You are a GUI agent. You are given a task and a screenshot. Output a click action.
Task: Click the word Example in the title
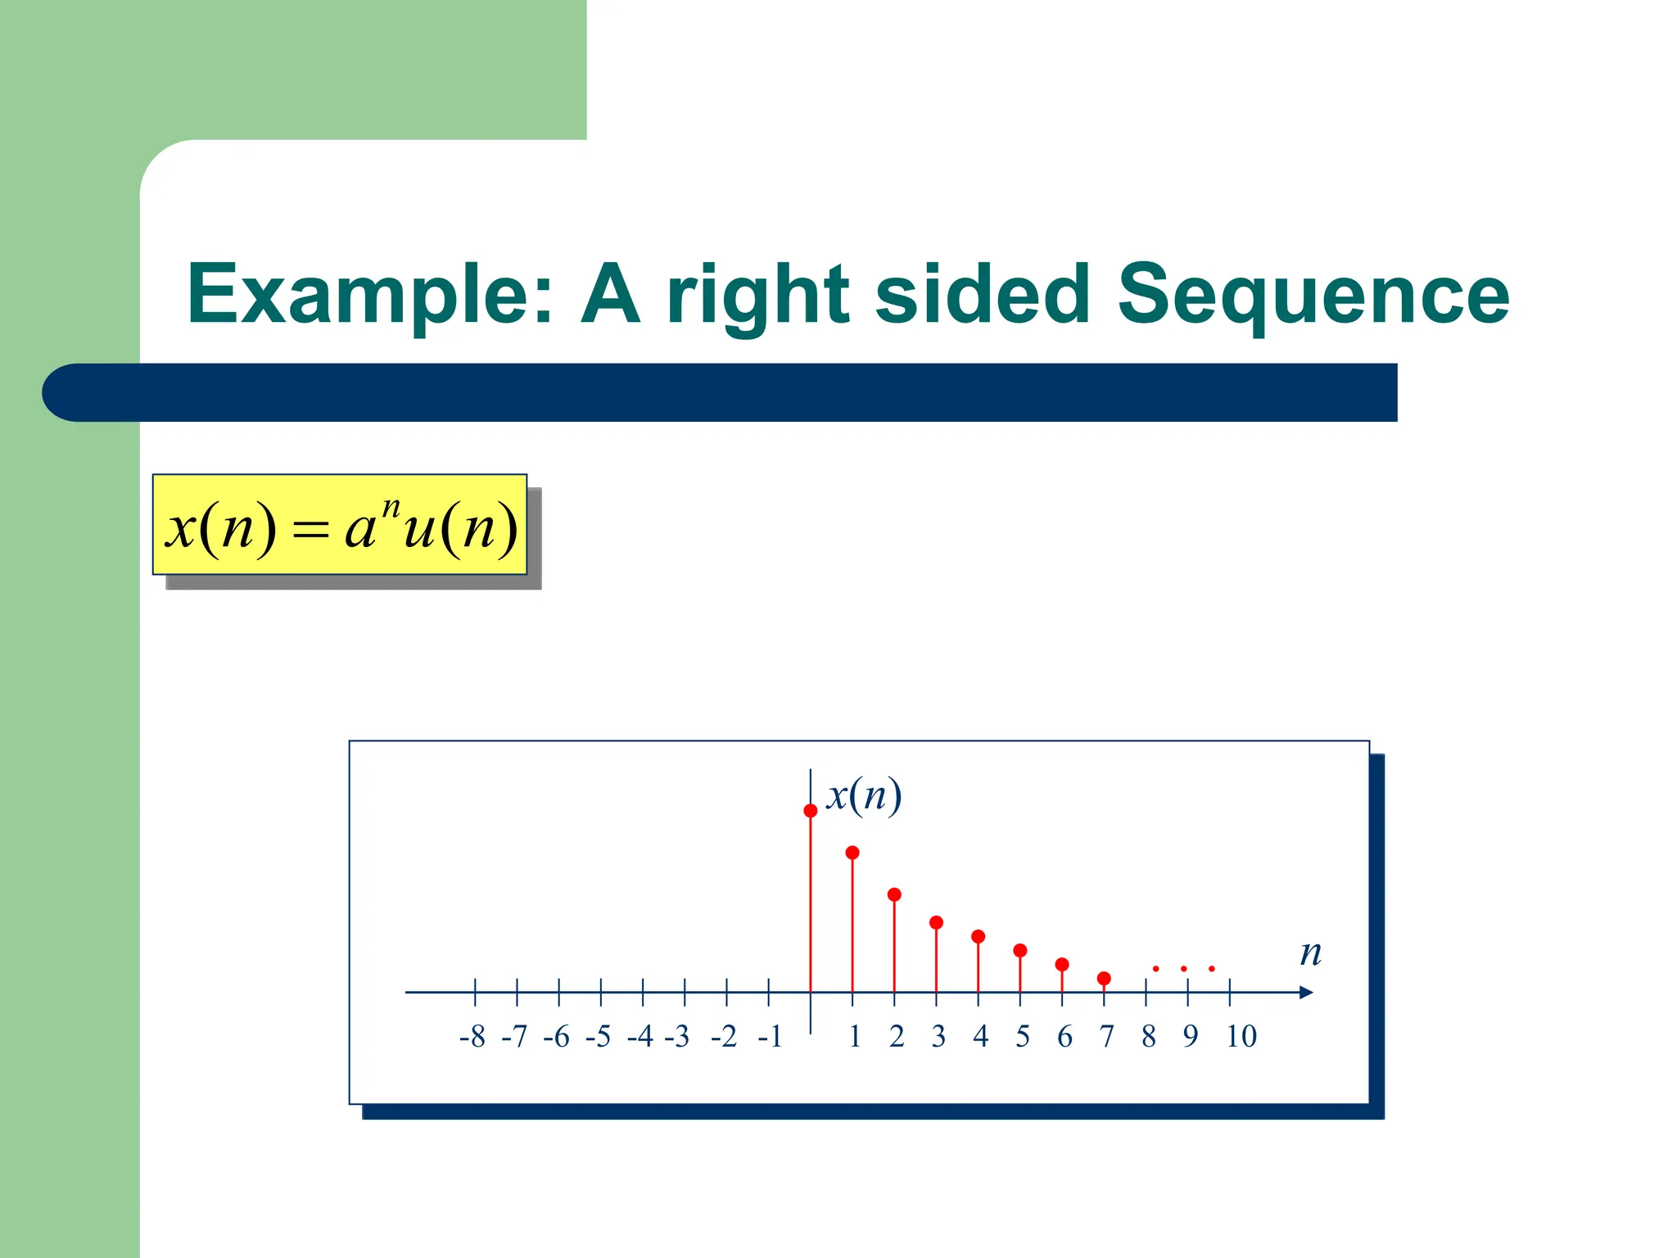(x=369, y=295)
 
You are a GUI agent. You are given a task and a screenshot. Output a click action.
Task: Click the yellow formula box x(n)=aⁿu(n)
(x=340, y=525)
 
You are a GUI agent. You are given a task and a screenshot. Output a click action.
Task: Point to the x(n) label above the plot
(x=864, y=795)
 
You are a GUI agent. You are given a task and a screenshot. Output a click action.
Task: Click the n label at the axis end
(x=1311, y=953)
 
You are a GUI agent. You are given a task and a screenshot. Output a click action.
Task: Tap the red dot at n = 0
(x=811, y=811)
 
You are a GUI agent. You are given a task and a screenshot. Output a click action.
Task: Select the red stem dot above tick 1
(x=852, y=853)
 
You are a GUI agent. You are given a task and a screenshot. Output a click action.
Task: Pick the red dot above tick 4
(x=978, y=936)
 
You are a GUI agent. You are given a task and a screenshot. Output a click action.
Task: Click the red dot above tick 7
(x=1104, y=979)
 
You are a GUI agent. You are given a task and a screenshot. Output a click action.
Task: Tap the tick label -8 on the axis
(x=472, y=1037)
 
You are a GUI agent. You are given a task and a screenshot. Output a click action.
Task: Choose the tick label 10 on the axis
(x=1241, y=1037)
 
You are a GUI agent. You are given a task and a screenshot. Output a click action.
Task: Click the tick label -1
(x=770, y=1037)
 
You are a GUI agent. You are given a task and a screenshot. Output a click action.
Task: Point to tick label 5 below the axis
(x=1023, y=1037)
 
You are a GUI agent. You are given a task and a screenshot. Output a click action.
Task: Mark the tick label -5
(x=598, y=1037)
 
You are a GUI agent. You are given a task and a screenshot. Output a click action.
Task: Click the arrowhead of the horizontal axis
(x=1306, y=993)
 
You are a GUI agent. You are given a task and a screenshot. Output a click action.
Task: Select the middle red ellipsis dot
(x=1184, y=969)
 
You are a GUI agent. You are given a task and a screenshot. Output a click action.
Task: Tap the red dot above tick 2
(x=894, y=894)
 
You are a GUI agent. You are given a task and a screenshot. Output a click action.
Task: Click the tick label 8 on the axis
(x=1149, y=1037)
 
